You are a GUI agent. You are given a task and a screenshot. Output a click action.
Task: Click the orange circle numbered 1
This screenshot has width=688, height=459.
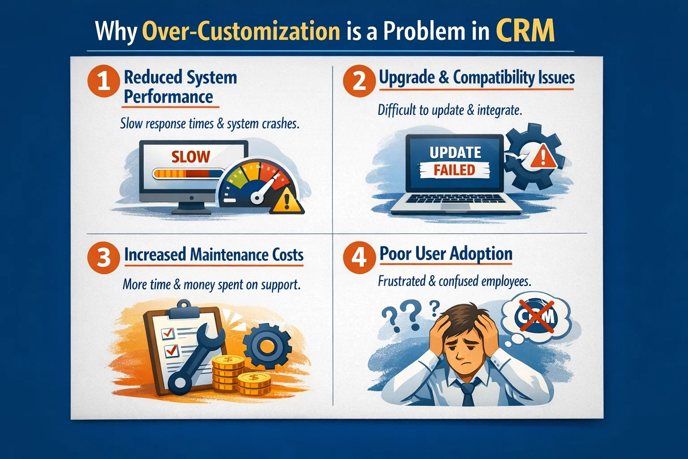(103, 81)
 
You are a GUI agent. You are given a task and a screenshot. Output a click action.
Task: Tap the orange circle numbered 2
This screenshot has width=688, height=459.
(359, 81)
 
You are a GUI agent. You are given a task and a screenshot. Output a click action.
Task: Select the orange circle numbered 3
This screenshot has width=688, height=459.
(103, 258)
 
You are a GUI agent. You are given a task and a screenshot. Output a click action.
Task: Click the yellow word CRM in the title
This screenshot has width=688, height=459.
(525, 30)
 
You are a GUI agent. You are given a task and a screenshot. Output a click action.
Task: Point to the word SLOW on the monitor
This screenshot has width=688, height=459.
(191, 157)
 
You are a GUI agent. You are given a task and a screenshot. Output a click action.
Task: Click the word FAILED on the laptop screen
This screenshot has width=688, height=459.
(454, 170)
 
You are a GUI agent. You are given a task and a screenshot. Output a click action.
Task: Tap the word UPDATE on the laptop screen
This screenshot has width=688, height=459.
(455, 153)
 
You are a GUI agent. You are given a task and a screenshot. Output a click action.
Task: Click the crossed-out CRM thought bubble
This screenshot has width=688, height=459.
(536, 317)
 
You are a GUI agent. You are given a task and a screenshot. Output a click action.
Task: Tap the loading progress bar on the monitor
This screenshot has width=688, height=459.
(188, 173)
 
